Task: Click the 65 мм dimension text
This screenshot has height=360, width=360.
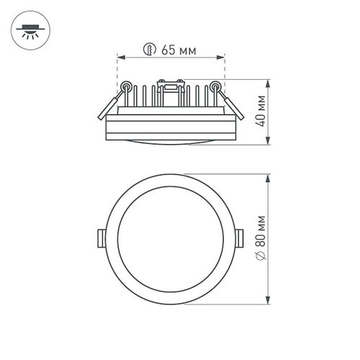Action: pyautogui.click(x=179, y=50)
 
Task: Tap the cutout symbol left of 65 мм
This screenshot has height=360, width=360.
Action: pyautogui.click(x=149, y=50)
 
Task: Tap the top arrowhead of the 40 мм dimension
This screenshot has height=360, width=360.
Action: pyautogui.click(x=268, y=81)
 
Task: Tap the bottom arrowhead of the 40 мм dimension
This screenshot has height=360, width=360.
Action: pyautogui.click(x=268, y=144)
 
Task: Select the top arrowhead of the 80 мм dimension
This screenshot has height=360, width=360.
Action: pyautogui.click(x=268, y=175)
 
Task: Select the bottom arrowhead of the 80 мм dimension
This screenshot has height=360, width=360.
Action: pyautogui.click(x=268, y=302)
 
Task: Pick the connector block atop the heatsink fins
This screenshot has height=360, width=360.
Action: pyautogui.click(x=170, y=90)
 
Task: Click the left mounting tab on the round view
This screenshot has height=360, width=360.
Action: pyautogui.click(x=100, y=238)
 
